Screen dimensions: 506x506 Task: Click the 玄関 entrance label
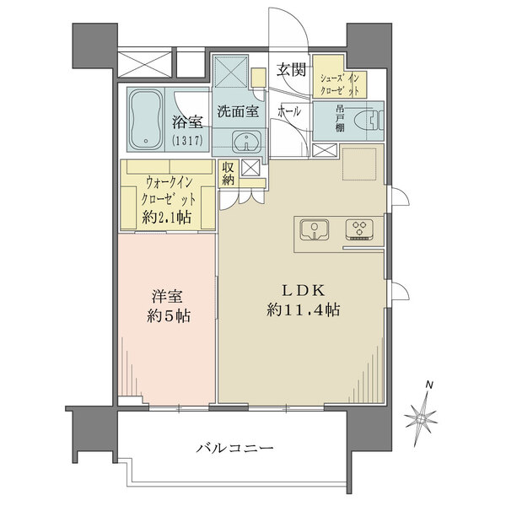pyautogui.click(x=292, y=70)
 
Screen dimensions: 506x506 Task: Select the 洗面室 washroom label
pyautogui.click(x=237, y=110)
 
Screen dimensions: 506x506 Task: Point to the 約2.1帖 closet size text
pyautogui.click(x=167, y=218)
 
